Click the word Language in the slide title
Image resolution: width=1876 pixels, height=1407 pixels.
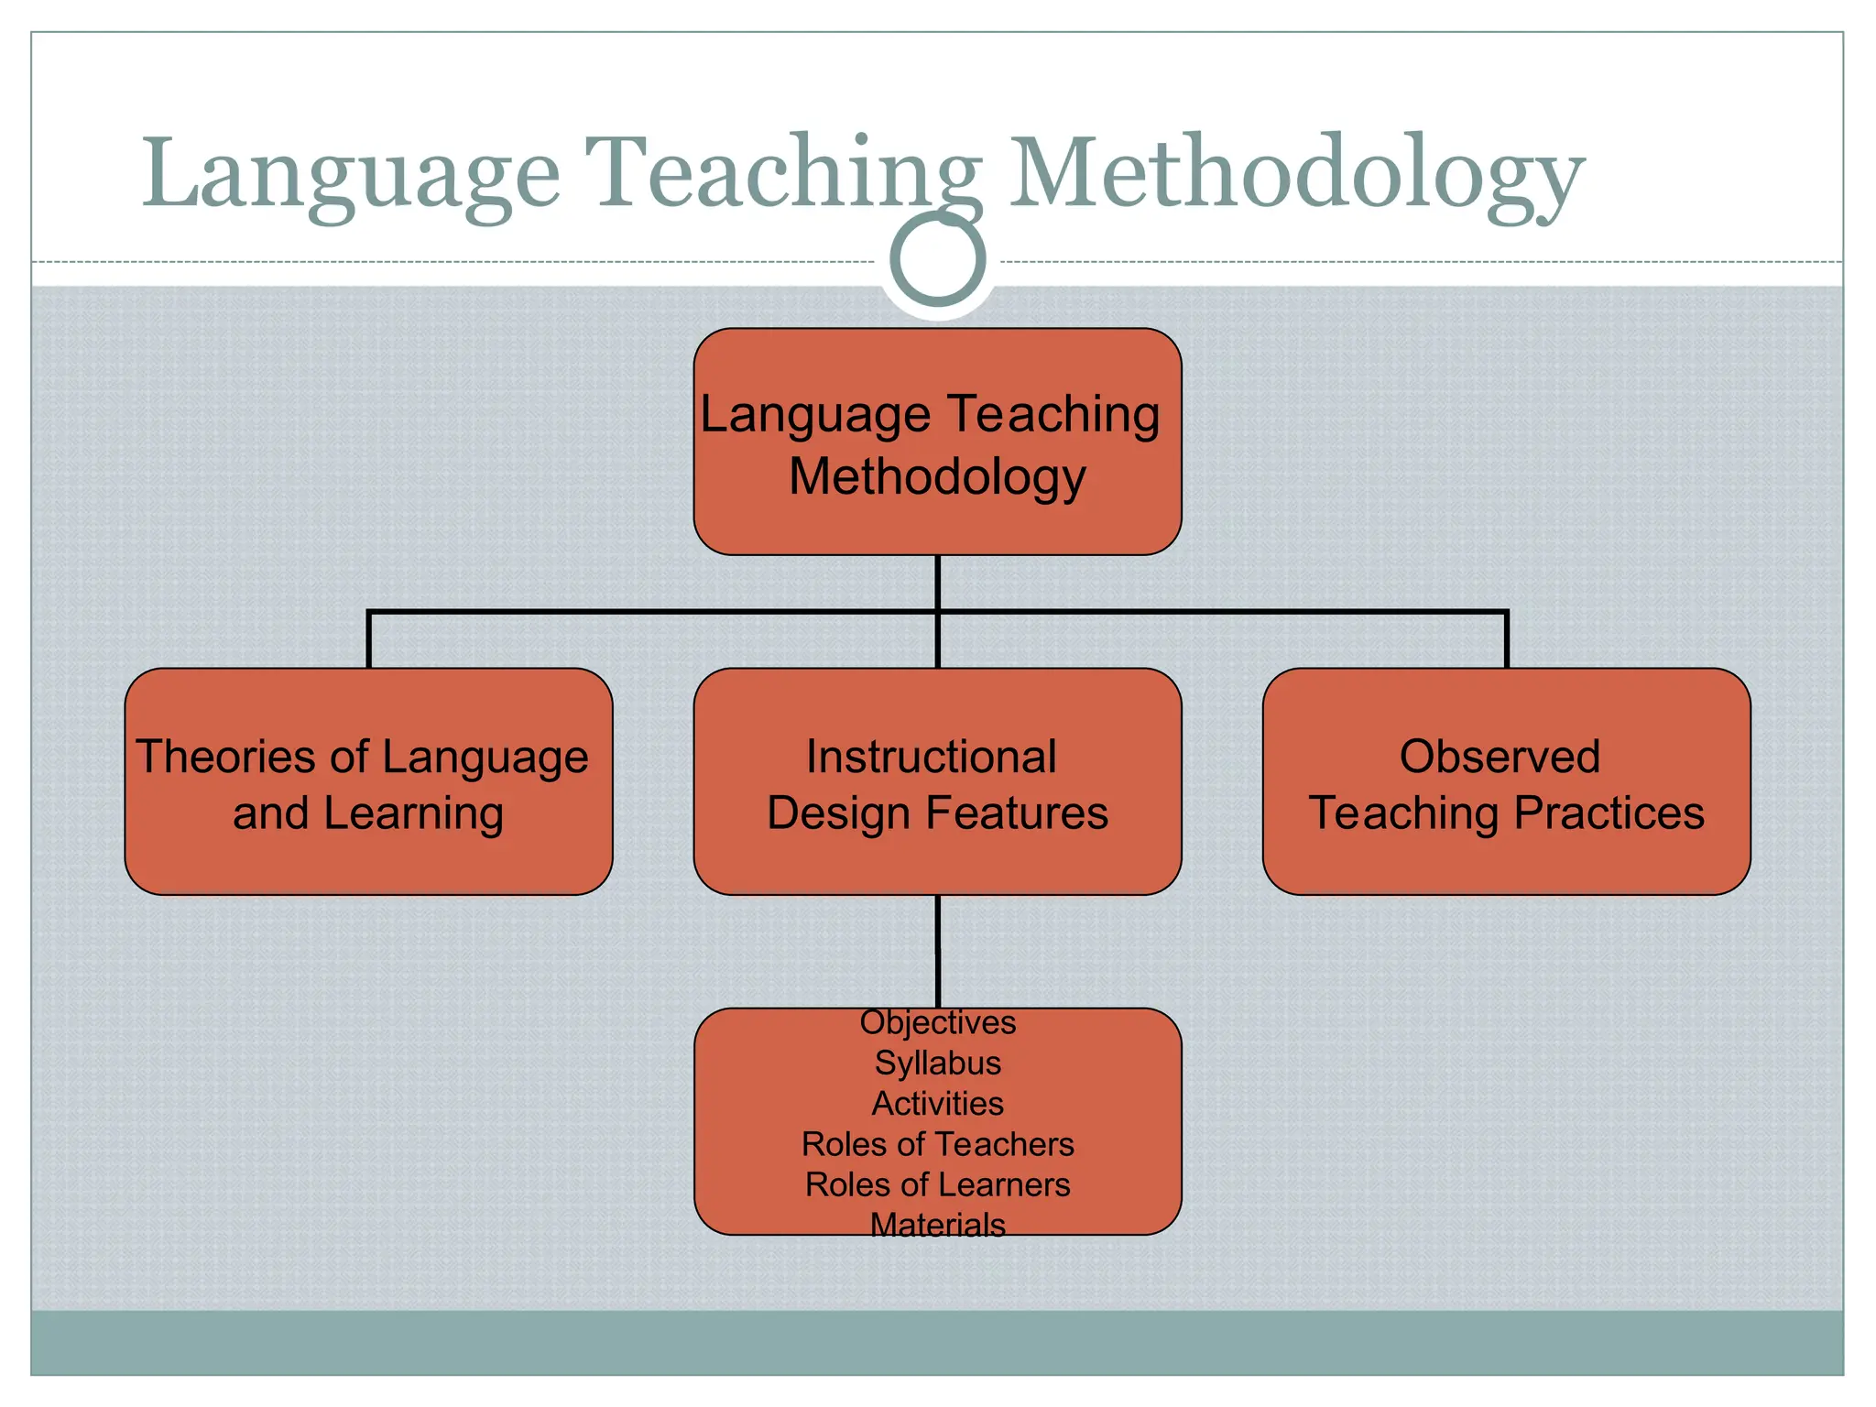(x=350, y=174)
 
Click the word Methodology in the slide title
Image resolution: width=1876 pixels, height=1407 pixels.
(x=1295, y=174)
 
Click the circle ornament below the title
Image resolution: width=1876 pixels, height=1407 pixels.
(x=937, y=259)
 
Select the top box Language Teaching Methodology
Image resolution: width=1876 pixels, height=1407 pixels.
(x=937, y=442)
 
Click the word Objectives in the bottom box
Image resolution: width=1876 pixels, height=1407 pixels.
(x=937, y=1022)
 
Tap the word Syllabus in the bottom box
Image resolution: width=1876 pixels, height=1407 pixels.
(x=937, y=1063)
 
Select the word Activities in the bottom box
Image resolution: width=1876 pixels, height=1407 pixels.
(x=937, y=1104)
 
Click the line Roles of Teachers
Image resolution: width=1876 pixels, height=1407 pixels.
(x=937, y=1144)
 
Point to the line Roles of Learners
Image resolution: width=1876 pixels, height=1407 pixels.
(x=937, y=1184)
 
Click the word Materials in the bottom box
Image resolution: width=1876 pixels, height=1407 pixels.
(x=937, y=1225)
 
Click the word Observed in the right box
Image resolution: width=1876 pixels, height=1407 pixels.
(x=1500, y=757)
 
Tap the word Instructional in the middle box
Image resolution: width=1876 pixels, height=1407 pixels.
(x=931, y=757)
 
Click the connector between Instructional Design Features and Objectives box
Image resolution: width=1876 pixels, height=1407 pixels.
(x=937, y=951)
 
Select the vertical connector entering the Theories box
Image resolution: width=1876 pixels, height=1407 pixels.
(x=368, y=640)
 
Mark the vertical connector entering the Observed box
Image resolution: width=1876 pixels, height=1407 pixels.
(x=1506, y=640)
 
